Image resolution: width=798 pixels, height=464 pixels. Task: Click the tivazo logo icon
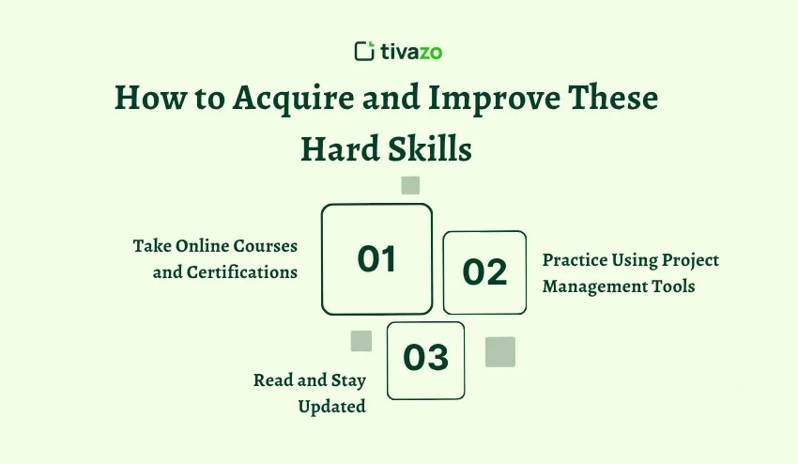[x=364, y=51]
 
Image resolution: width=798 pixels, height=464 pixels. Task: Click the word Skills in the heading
[x=431, y=149]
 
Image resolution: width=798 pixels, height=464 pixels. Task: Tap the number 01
[x=376, y=259]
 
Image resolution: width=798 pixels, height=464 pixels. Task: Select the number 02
[x=484, y=272]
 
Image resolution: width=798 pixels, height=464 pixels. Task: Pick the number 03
[x=425, y=359]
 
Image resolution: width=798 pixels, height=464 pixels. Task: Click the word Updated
[x=331, y=407]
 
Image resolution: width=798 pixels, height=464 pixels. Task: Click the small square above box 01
[x=410, y=185]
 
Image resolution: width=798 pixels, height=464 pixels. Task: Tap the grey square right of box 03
[x=500, y=351]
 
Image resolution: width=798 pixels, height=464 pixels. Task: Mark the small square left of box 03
[x=361, y=341]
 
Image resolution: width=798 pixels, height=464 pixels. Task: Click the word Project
[x=690, y=259]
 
